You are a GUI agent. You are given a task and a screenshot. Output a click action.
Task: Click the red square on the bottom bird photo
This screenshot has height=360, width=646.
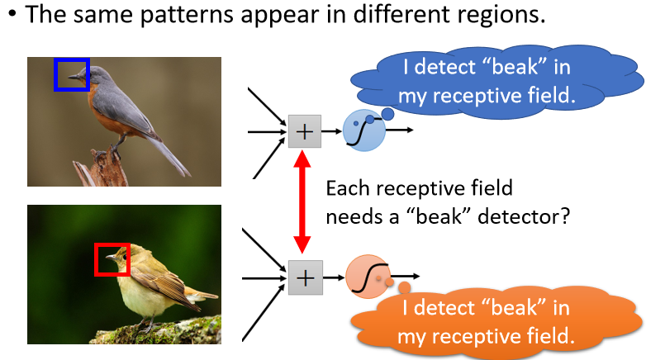coord(112,258)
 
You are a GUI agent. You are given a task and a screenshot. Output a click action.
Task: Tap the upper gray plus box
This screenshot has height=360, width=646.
coord(304,130)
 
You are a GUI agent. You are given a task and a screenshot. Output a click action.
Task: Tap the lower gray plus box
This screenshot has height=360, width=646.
coord(304,277)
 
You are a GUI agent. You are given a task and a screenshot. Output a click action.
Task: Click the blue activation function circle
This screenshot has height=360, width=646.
coord(364,130)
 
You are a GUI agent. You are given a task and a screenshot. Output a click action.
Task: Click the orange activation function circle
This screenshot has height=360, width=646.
coord(367,277)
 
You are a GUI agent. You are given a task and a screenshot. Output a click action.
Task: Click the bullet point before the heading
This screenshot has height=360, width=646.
coord(12,17)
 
